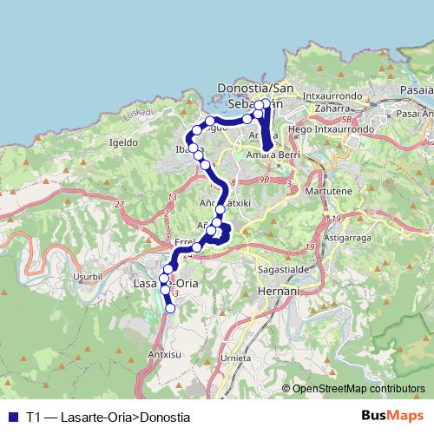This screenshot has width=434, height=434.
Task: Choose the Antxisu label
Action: point(166,354)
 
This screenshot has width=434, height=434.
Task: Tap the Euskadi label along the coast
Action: point(138,113)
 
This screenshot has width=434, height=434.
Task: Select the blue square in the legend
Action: point(11,416)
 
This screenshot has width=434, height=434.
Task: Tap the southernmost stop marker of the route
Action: point(170,307)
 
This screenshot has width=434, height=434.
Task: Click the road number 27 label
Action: point(119,205)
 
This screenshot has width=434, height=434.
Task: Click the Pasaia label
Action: point(418,89)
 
